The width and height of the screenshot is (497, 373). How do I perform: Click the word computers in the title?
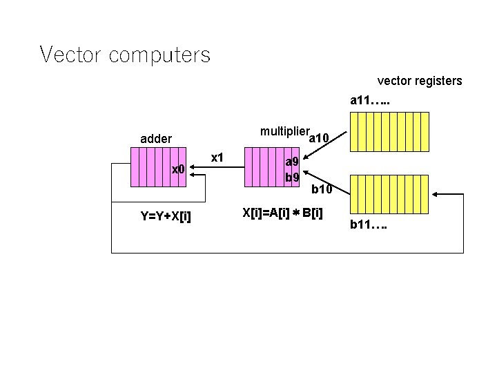coord(159,55)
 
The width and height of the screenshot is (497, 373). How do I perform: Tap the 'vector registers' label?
coord(419,82)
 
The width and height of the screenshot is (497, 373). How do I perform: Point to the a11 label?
coord(369,101)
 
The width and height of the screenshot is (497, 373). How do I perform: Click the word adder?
coord(156,139)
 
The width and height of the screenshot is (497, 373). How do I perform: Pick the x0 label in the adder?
coord(178,169)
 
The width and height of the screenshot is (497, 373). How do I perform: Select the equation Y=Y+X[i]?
coord(166,217)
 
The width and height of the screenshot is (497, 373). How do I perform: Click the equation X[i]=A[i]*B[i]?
coord(282,213)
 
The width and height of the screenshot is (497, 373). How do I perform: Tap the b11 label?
coord(368,224)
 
